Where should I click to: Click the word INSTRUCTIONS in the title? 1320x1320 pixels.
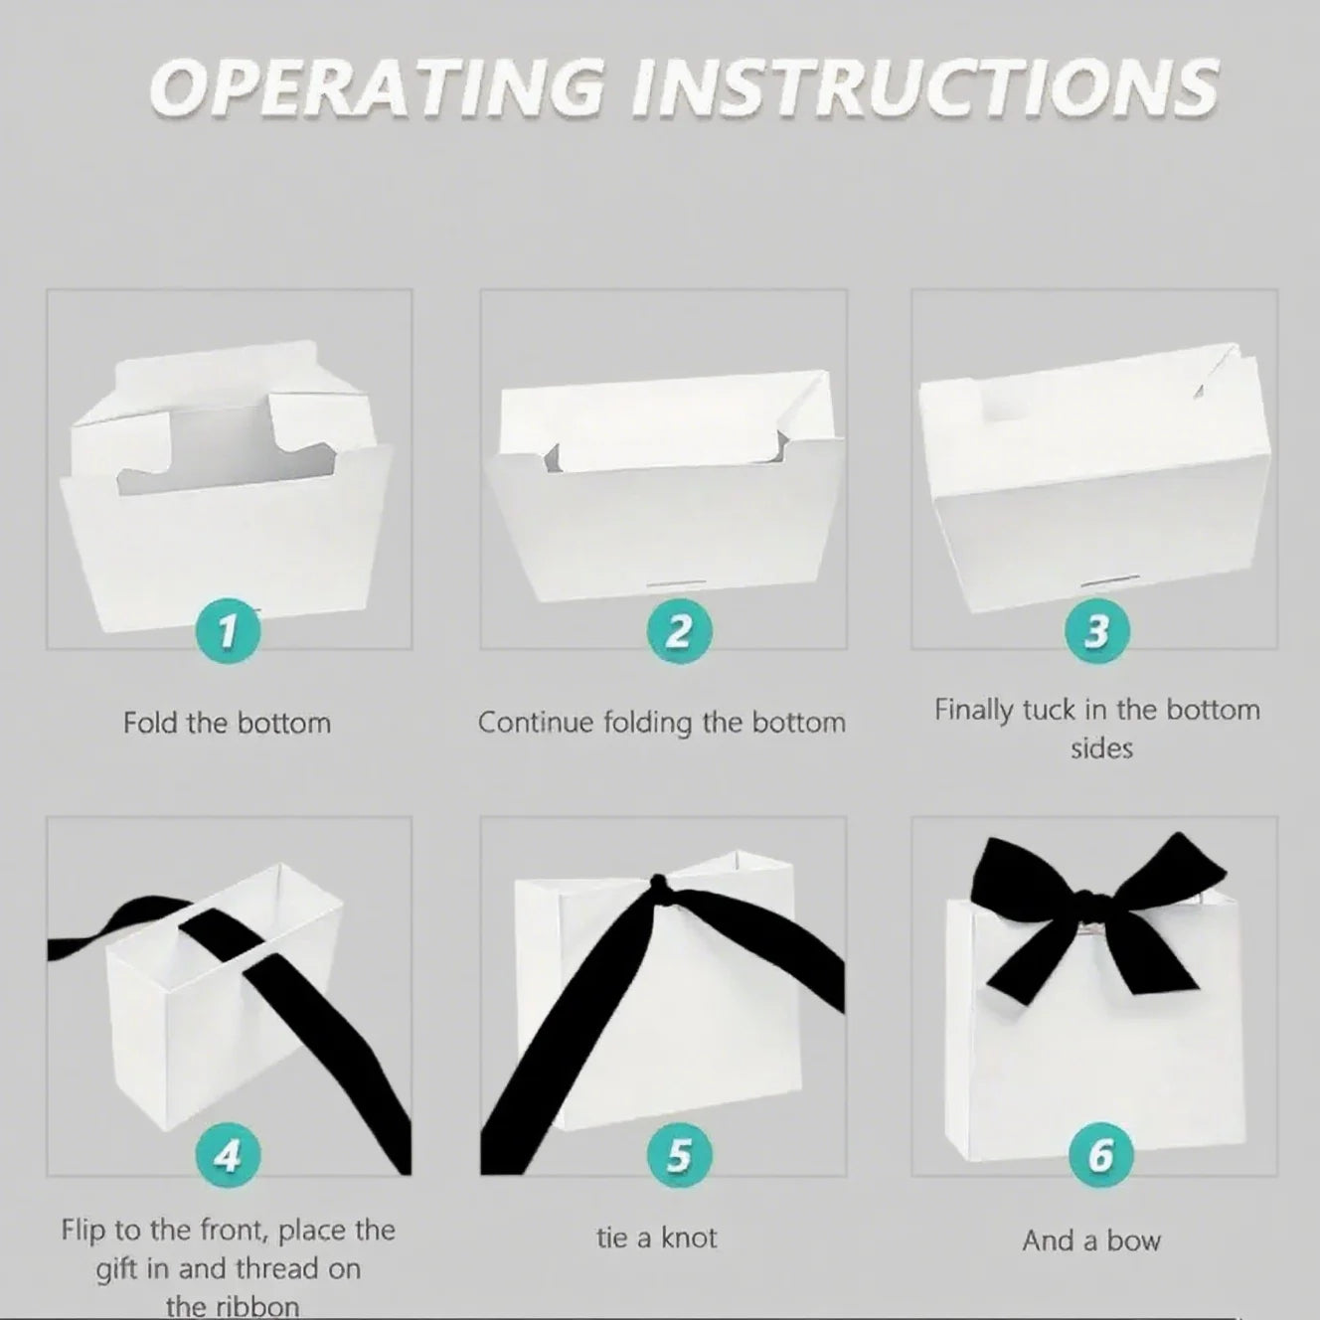click(923, 87)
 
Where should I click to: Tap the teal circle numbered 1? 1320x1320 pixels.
click(228, 631)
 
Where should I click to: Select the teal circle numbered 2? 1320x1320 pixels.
click(679, 631)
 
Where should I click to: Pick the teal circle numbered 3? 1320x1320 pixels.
click(1097, 631)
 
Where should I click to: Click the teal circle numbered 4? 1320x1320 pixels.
click(228, 1156)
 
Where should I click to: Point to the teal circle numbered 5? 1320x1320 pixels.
click(679, 1156)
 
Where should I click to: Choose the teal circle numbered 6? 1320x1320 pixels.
click(1100, 1156)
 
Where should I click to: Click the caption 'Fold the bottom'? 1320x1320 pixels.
click(227, 724)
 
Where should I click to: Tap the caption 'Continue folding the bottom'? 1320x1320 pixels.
click(662, 724)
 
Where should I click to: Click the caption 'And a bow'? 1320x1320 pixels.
click(1092, 1240)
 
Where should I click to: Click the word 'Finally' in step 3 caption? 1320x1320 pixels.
click(973, 711)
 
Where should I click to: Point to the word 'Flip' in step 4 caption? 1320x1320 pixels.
click(83, 1231)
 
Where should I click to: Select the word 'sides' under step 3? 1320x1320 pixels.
click(1101, 748)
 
